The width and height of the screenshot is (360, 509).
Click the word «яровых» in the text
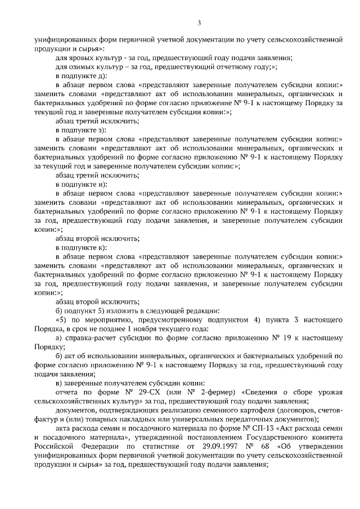[x=80, y=58]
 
